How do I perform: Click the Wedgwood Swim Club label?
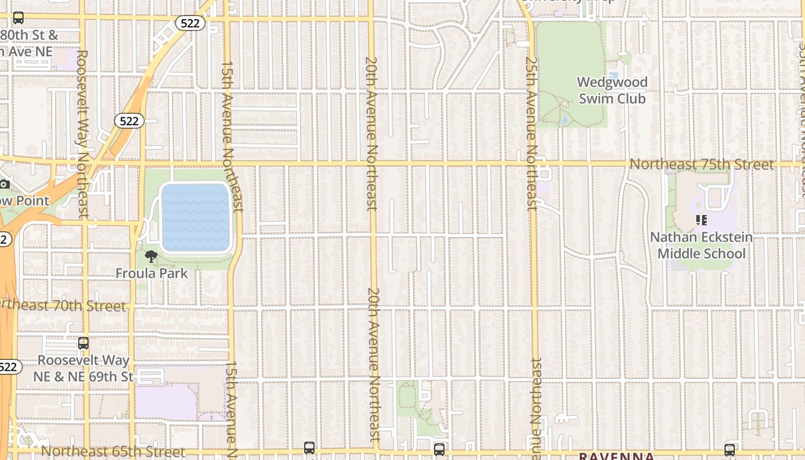tap(612, 90)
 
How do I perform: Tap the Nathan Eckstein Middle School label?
tap(701, 246)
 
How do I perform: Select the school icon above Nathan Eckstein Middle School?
tap(701, 220)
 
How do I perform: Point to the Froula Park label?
tap(152, 273)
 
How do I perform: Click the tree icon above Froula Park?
tap(151, 256)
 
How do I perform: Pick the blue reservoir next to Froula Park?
tap(196, 217)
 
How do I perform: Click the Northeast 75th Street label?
tap(702, 164)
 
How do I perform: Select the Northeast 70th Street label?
tap(63, 306)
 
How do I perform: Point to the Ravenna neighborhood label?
tap(616, 457)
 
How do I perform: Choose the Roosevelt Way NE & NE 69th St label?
tap(83, 369)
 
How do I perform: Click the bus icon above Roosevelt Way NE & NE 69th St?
tap(83, 343)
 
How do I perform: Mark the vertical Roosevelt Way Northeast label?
tap(83, 133)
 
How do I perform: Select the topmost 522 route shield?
tap(190, 23)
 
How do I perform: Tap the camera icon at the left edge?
tap(4, 184)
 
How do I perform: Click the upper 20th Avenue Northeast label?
tap(372, 133)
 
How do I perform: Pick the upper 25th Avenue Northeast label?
tap(532, 133)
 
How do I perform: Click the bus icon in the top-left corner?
tap(18, 18)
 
